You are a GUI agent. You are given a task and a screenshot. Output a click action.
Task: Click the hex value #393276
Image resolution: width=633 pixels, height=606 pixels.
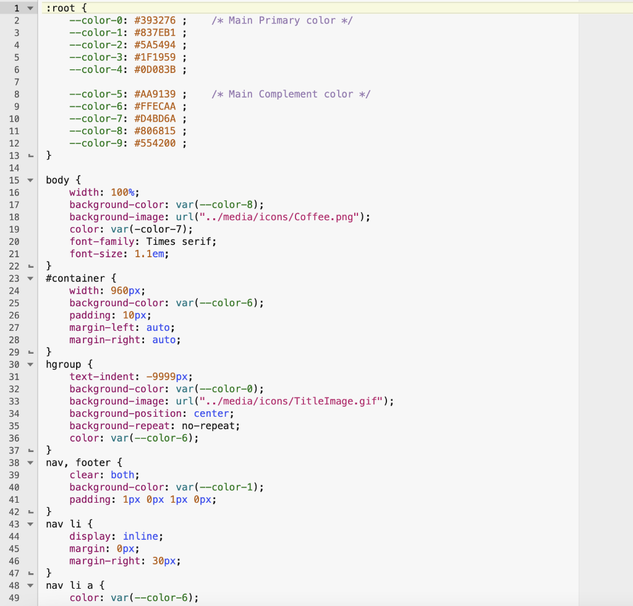coord(155,20)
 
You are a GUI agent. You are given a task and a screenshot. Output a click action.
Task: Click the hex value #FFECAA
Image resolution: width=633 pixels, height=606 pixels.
coord(155,106)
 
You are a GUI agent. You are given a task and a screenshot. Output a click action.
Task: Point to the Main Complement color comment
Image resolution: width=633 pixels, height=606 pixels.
coord(291,94)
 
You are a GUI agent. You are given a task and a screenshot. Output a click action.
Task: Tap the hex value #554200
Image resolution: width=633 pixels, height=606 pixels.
coord(155,143)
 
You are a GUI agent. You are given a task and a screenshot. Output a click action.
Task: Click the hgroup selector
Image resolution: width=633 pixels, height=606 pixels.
coord(61,364)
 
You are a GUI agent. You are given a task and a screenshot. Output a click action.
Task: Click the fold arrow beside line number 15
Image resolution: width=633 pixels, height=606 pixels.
coord(30,181)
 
